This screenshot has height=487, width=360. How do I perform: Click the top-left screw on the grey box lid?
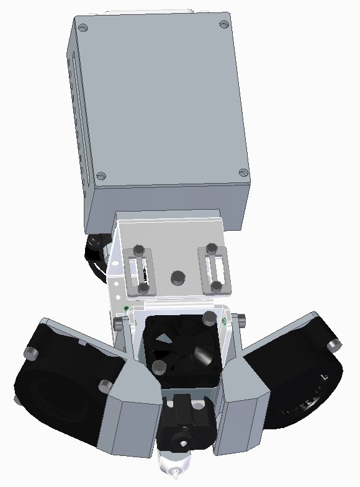point(84,27)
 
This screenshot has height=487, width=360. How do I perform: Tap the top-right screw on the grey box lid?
point(223,24)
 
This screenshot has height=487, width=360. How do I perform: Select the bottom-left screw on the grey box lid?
point(102,176)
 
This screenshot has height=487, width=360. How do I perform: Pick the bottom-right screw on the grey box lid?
point(243,172)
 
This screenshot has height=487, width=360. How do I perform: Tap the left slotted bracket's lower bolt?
point(143,288)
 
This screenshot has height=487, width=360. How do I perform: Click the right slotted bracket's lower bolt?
point(216,286)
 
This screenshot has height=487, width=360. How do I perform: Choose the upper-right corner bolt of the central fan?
point(208,319)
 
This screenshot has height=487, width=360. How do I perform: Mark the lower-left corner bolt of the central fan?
point(160,367)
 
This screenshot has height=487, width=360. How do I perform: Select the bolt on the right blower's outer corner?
point(334,344)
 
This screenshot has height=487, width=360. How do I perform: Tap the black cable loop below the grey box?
point(97,254)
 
